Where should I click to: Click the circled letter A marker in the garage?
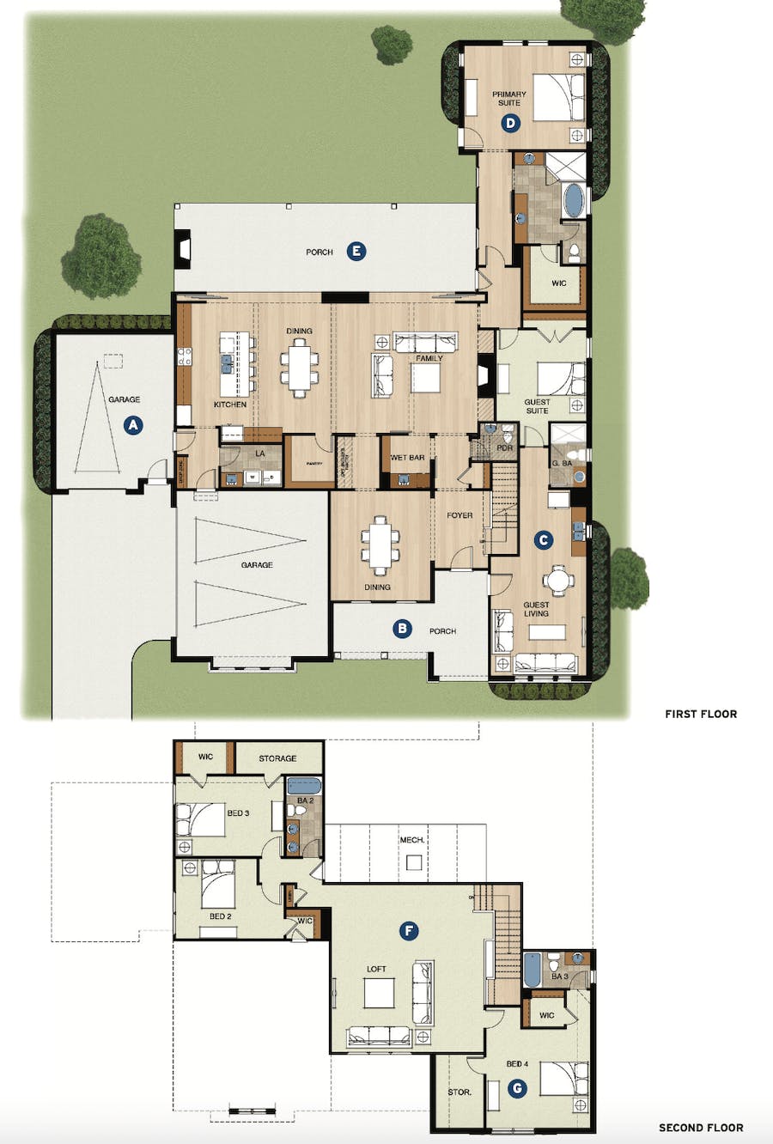coord(131,424)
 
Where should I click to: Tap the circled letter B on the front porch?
coord(401,630)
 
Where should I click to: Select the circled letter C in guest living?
coord(543,539)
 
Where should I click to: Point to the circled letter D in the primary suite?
coord(510,123)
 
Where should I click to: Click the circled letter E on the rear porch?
coord(356,252)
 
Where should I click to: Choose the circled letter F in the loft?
coord(410,930)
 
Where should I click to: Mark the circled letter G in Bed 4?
coord(516,1088)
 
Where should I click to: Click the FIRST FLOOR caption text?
coord(700,714)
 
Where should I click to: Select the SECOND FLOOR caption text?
coord(700,1128)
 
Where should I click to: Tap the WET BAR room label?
coord(407,458)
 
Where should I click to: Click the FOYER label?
coord(460,515)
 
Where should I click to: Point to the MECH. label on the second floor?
coord(411,839)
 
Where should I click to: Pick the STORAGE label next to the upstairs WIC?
coord(277,758)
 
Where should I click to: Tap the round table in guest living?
coord(559,581)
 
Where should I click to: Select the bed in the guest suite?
coord(560,379)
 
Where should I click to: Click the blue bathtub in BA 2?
coord(302,785)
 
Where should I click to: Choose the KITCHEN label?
coord(230,404)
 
